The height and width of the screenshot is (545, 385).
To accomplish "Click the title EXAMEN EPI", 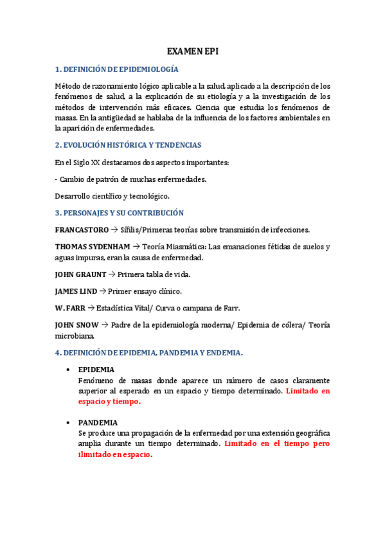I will coord(193,52).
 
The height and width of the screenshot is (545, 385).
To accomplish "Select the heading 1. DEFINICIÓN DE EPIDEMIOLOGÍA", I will coord(116,69).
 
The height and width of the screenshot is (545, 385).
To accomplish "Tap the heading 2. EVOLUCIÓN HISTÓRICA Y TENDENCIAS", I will coord(128,145).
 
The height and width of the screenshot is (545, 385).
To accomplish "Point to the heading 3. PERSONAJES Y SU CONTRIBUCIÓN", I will coord(120,213).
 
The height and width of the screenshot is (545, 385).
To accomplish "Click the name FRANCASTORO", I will coord(82,229).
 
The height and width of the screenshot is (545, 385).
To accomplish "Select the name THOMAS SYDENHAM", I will coord(89,247).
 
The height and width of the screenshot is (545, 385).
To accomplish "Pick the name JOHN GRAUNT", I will coord(81,274).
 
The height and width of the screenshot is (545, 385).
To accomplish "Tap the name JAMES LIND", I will coord(76,291).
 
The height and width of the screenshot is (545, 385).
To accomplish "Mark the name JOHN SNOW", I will coord(77,325).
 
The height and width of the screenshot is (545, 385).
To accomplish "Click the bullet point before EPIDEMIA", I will coord(68,370).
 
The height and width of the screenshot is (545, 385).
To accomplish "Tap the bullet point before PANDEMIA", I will coord(68,423).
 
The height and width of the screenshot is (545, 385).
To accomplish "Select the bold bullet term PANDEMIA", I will coord(98,423).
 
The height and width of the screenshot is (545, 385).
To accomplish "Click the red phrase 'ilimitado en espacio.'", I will coord(115,454).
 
